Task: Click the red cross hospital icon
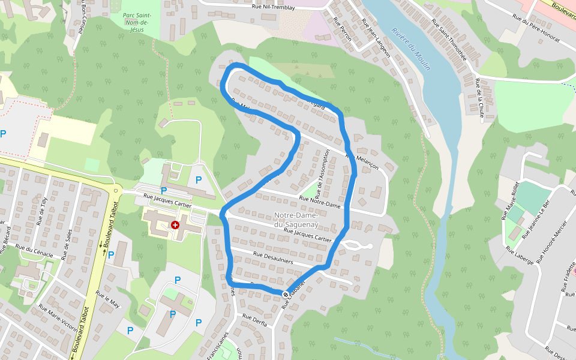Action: pyautogui.click(x=175, y=225)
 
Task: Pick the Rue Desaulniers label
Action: pyautogui.click(x=273, y=257)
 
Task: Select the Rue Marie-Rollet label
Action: pyautogui.click(x=511, y=201)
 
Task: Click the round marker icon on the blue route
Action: pyautogui.click(x=284, y=293)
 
